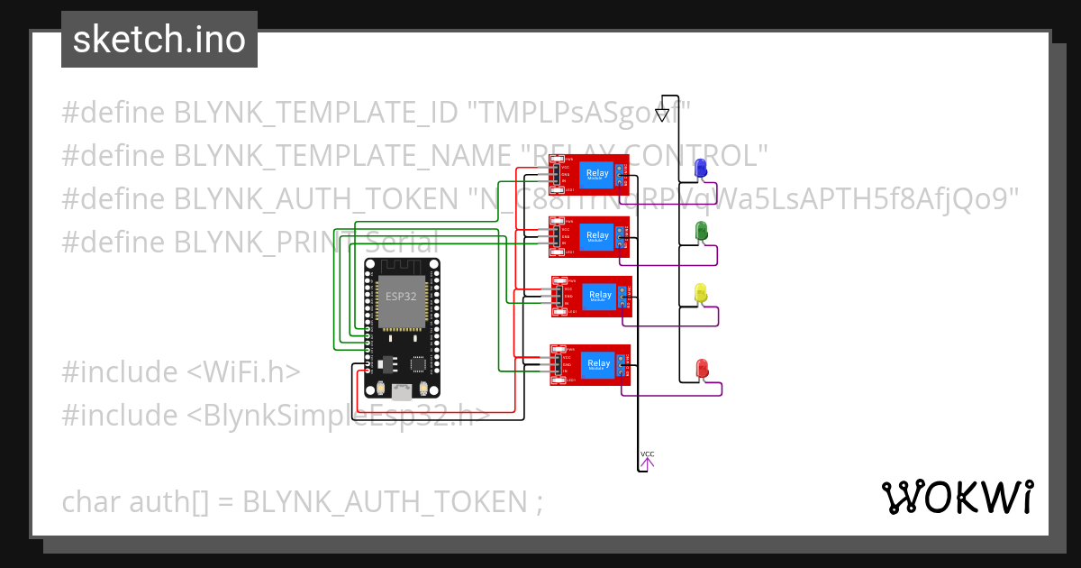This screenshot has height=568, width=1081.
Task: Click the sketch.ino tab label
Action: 159,40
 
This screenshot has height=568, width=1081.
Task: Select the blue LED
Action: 701,169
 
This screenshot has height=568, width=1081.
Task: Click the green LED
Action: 701,232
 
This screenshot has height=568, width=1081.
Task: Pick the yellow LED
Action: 701,293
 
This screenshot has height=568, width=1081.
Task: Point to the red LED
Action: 703,369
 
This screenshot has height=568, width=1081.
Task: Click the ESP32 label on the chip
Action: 401,296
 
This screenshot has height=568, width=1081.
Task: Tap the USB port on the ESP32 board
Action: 402,389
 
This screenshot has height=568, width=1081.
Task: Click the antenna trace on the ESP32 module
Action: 402,269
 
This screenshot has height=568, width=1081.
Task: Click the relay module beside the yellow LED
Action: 591,296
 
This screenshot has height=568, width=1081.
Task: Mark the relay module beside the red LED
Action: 590,364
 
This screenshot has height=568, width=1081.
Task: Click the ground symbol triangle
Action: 662,115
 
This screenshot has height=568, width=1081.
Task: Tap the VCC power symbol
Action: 647,462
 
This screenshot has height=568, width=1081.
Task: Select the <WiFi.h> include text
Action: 243,372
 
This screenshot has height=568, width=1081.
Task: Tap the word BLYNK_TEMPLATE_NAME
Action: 341,156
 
